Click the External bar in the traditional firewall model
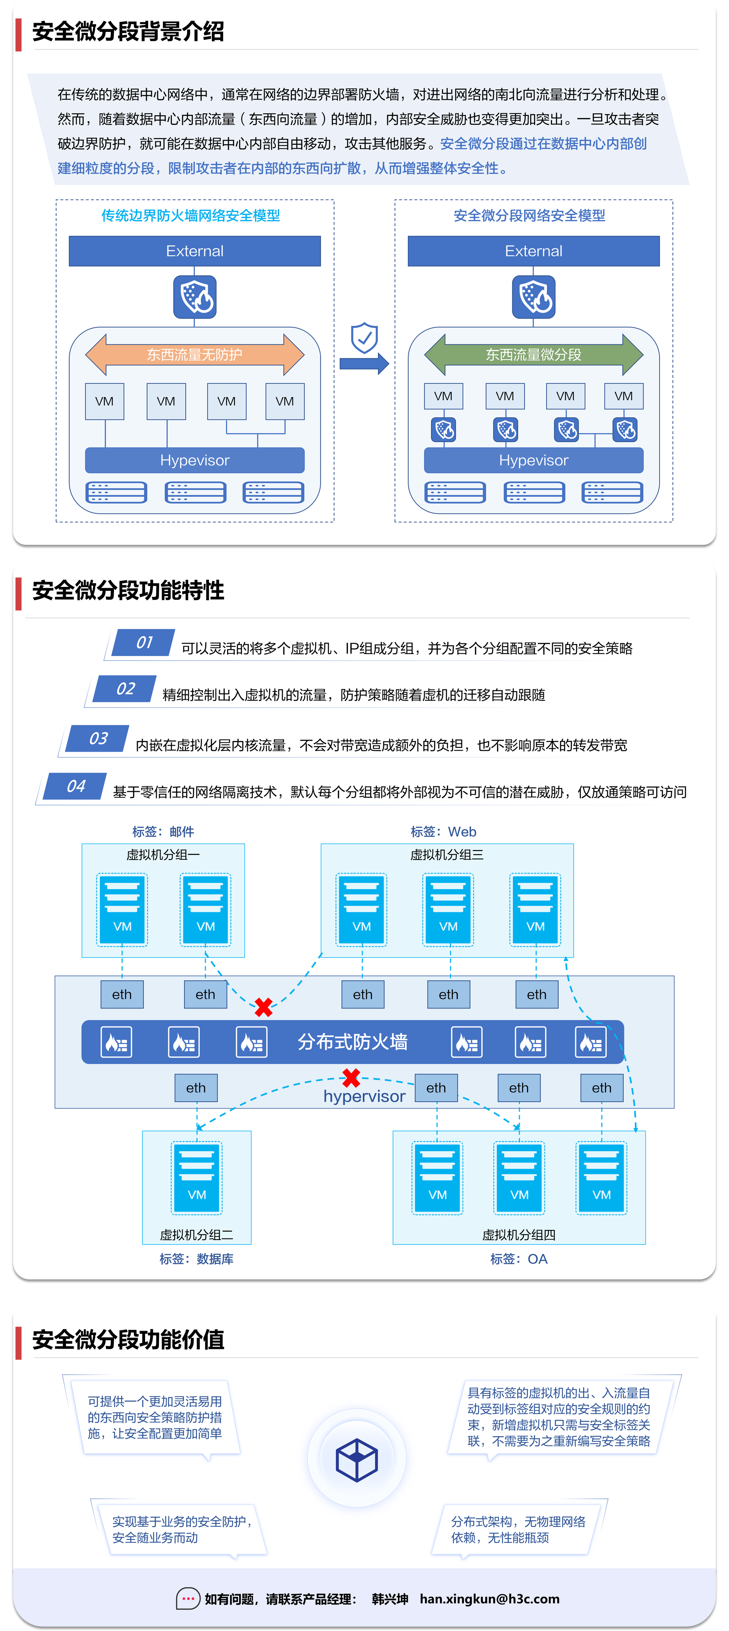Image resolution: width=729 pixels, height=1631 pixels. (194, 251)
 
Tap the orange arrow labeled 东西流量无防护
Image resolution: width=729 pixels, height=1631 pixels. (194, 355)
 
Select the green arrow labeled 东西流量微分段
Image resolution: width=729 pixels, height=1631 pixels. (533, 355)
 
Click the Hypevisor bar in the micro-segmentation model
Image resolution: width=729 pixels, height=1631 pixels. (533, 460)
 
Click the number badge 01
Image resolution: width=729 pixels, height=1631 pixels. (144, 643)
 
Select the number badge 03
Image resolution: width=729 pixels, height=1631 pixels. (98, 738)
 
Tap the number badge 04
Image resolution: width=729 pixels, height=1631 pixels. (76, 786)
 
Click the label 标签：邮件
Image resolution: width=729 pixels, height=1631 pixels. (163, 831)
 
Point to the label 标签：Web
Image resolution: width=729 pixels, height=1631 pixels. (443, 831)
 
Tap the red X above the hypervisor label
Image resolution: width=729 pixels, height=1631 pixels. (351, 1077)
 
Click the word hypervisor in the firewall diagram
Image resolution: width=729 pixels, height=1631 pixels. (364, 1096)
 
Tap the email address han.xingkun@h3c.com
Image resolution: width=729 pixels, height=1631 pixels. (489, 1599)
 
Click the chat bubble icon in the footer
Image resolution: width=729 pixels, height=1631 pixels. (188, 1599)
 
